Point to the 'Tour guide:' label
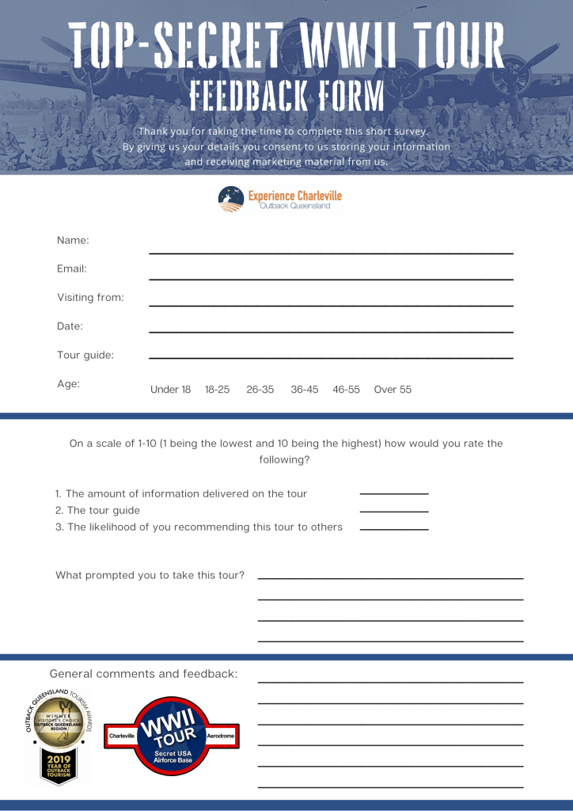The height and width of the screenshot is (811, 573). [x=85, y=355]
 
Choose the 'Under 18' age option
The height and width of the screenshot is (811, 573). [x=170, y=390]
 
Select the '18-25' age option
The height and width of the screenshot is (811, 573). [x=217, y=390]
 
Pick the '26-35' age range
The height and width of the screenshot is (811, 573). [x=260, y=390]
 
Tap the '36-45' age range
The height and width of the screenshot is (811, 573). [x=304, y=390]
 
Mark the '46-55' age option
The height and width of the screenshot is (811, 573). [x=346, y=390]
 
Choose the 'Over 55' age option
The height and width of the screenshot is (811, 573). [x=393, y=390]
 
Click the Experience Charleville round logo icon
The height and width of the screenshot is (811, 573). [x=231, y=198]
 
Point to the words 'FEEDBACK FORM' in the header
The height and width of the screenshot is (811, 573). [x=286, y=95]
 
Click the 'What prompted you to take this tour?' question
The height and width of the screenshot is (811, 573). [x=150, y=575]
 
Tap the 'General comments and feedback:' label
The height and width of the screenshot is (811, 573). [x=143, y=674]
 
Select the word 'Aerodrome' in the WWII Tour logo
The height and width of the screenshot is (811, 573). [x=221, y=736]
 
